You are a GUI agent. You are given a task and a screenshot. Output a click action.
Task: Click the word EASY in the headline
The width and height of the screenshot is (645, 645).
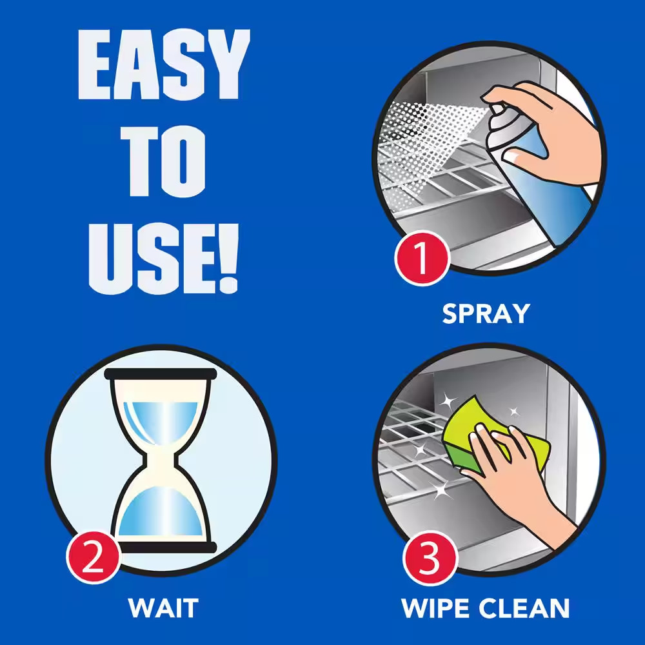164,64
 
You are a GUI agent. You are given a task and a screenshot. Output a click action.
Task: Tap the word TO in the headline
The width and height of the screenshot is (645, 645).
163,161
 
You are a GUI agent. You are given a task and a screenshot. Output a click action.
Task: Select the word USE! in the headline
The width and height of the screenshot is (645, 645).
163,259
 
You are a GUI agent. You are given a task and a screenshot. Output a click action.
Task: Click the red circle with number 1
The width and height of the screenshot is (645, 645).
422,258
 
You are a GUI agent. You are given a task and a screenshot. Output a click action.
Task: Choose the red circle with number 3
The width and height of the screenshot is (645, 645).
430,557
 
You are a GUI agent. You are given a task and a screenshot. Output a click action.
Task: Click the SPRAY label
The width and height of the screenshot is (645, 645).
486,314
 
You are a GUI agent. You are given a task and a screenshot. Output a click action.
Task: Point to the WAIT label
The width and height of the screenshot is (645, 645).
163,608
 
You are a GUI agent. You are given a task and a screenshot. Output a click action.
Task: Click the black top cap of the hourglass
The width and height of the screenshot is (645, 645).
161,374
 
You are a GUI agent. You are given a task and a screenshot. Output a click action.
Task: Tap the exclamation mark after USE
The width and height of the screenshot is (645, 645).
228,259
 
